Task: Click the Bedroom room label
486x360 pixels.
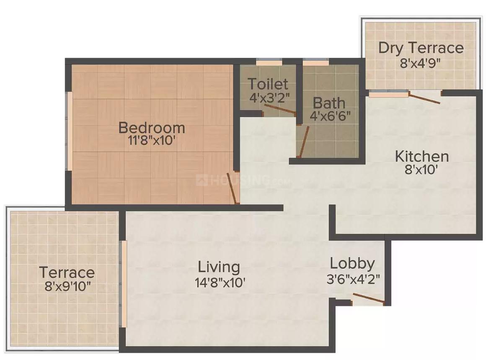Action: point(151,127)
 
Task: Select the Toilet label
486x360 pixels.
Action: point(268,84)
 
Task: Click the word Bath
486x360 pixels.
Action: point(329,103)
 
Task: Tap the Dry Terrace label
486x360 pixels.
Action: point(421,48)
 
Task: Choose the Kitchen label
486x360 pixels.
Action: point(422,157)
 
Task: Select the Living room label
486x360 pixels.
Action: point(219,266)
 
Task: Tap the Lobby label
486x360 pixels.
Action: point(352,264)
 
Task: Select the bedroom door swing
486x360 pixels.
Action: point(233,188)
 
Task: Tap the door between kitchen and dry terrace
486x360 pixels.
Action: point(424,98)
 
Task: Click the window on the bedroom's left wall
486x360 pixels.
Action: point(70,131)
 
